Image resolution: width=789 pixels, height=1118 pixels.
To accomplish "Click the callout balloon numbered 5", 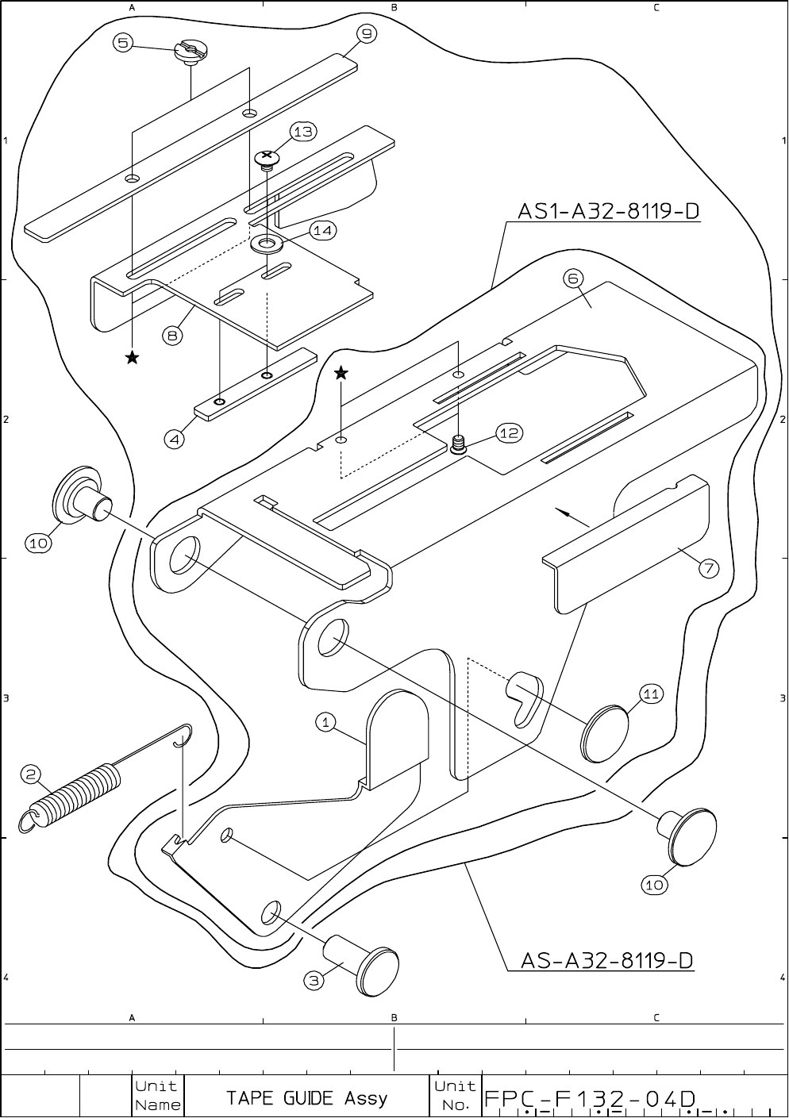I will coord(122,43).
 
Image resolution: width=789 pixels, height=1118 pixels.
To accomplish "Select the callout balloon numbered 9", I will coord(366,33).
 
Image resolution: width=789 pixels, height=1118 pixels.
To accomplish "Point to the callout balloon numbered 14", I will coord(322,230).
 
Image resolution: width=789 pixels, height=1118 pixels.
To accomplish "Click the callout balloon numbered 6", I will coord(573,278).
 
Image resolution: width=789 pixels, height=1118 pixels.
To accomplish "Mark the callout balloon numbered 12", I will coord(509,432).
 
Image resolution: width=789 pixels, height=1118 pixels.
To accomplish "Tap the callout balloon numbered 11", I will coord(651,694).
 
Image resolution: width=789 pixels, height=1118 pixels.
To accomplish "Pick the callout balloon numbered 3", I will coord(314,981).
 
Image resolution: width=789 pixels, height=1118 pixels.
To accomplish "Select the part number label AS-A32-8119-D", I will coord(606,961).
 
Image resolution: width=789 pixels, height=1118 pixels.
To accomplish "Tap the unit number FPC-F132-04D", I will coord(591,1098).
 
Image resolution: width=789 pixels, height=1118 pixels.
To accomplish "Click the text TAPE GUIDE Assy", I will coord(306,1098).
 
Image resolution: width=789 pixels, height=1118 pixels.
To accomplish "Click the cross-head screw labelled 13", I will coord(268,159).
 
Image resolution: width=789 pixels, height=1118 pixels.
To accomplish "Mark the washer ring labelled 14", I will coord(268,243).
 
